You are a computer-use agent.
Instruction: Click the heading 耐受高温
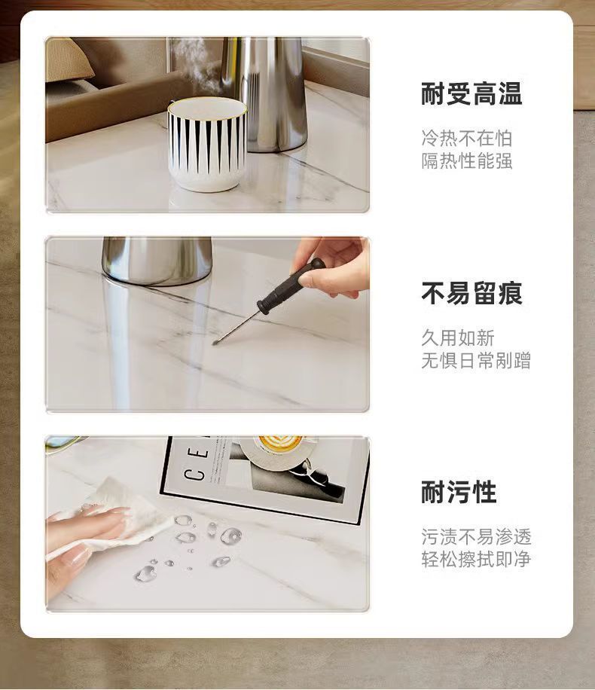pyautogui.click(x=471, y=93)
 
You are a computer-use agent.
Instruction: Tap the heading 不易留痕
pyautogui.click(x=471, y=293)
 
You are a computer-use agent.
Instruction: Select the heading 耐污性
pyautogui.click(x=459, y=492)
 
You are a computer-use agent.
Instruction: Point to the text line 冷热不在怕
pyautogui.click(x=467, y=138)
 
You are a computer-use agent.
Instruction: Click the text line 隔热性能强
pyautogui.click(x=467, y=160)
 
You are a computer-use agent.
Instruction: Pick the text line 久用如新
pyautogui.click(x=458, y=337)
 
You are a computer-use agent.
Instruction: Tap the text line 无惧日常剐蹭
pyautogui.click(x=476, y=360)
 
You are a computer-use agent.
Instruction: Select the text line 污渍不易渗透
pyautogui.click(x=476, y=536)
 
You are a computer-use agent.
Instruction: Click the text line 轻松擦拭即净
pyautogui.click(x=476, y=559)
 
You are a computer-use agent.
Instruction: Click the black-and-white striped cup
pyautogui.click(x=206, y=145)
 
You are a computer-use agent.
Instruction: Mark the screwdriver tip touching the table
pyautogui.click(x=215, y=343)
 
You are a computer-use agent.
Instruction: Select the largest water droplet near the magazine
pyautogui.click(x=231, y=536)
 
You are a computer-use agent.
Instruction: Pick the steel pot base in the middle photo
pyautogui.click(x=157, y=261)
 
